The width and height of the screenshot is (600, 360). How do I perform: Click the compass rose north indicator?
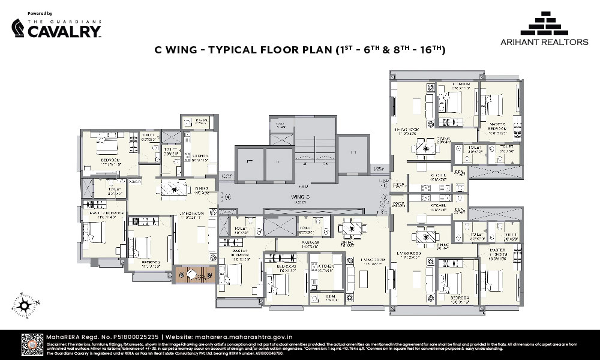tap(25, 304)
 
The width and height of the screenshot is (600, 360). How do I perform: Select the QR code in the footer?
tap(32, 344)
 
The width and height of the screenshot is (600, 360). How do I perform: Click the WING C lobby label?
tap(301, 196)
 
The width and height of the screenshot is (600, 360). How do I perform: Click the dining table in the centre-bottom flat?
tap(348, 229)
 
